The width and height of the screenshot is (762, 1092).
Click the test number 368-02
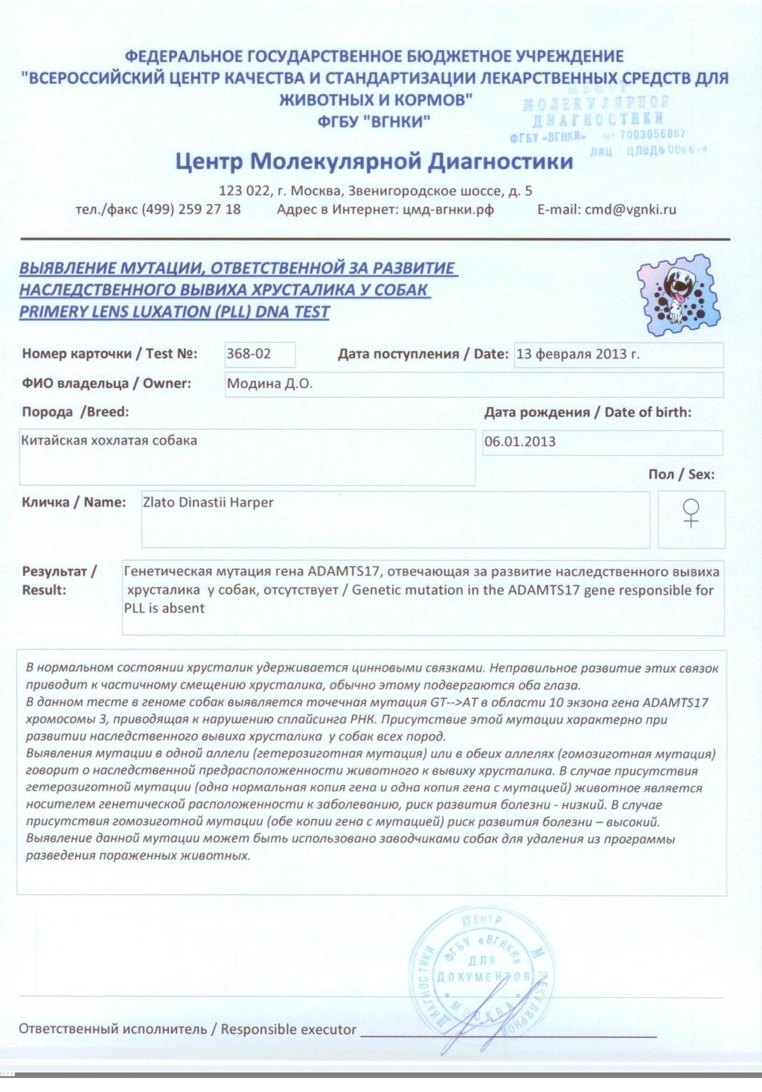pos(249,354)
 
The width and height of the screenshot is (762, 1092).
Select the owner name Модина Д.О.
pos(269,384)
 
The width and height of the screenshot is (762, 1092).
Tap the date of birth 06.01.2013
pos(520,442)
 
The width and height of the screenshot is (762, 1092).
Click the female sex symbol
pos(691,513)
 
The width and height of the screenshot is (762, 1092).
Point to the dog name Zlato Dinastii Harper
pos(208,503)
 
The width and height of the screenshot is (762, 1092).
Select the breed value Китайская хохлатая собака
pos(109,441)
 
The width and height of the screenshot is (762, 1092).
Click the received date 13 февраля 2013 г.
pos(577,354)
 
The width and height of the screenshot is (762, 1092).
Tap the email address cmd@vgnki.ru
pos(630,209)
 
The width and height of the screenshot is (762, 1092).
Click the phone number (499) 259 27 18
pos(191,209)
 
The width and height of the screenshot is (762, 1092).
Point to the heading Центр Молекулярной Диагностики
pos(374,162)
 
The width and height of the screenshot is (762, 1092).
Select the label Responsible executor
pos(288,1029)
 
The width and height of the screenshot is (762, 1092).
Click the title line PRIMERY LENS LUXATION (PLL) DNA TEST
pos(174,312)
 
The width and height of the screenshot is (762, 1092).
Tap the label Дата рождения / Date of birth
pos(587,413)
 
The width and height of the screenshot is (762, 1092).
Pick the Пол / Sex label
pos(681,474)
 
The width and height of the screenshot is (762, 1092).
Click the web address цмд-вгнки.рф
pos(448,209)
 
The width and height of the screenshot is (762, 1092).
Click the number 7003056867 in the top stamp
pos(652,135)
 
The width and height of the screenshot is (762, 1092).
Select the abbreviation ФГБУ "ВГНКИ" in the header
pos(374,121)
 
